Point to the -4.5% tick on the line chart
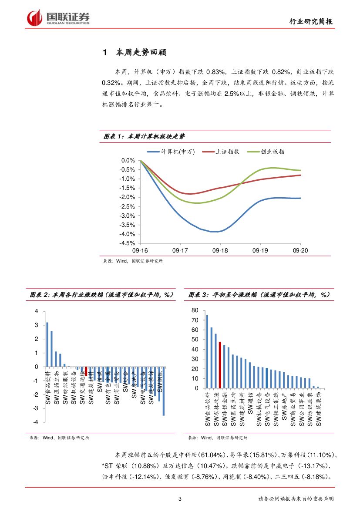coord(128,243)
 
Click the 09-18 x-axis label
coord(220,251)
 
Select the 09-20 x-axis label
coord(300,251)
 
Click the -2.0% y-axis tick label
coord(128,197)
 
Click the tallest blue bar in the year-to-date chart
coord(207,351)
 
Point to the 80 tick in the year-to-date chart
coord(195,310)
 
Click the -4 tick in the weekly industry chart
coord(37,422)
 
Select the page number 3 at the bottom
coord(180,499)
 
